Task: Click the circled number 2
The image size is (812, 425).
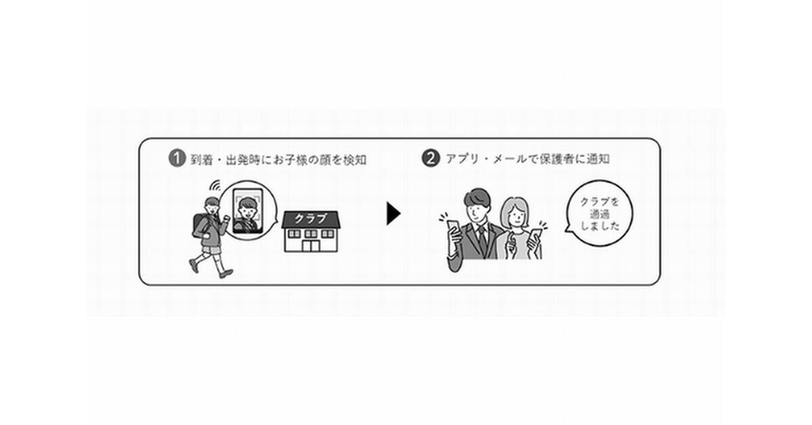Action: pyautogui.click(x=430, y=160)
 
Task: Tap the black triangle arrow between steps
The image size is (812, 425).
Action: pyautogui.click(x=393, y=214)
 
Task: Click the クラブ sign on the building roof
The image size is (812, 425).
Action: pyautogui.click(x=311, y=219)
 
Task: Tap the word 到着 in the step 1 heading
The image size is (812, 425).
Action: pyautogui.click(x=201, y=160)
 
